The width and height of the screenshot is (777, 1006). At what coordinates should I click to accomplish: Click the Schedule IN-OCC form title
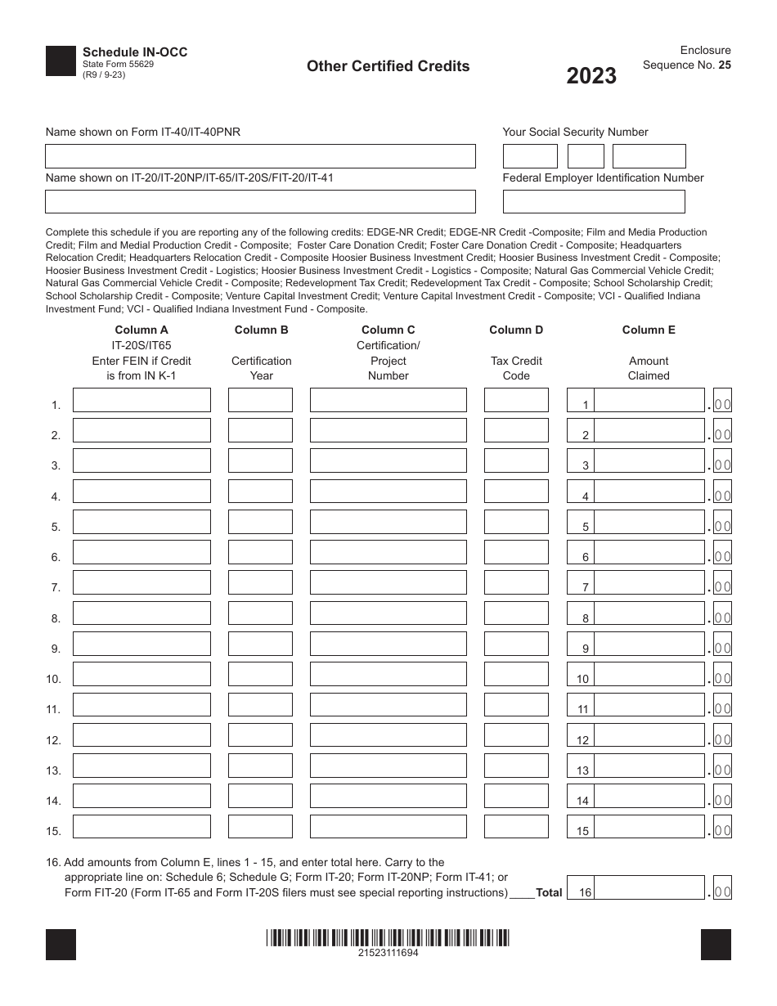pyautogui.click(x=135, y=52)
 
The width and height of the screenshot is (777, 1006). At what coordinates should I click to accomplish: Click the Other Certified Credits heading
pyautogui.click(x=388, y=66)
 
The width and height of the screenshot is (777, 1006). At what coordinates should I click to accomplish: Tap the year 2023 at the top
pyautogui.click(x=591, y=76)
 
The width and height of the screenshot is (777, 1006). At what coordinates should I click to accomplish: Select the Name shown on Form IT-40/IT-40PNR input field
pyautogui.click(x=260, y=156)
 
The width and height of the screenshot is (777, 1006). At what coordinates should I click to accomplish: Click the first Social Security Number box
pyautogui.click(x=529, y=156)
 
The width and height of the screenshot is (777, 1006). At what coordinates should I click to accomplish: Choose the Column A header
pyautogui.click(x=141, y=330)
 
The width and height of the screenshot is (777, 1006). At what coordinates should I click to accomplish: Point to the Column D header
pyautogui.click(x=516, y=330)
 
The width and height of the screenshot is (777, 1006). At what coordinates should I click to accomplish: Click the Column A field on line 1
pyautogui.click(x=141, y=400)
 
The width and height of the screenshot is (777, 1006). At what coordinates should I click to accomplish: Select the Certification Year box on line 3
pyautogui.click(x=260, y=461)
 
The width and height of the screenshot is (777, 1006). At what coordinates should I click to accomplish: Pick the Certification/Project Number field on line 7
pyautogui.click(x=388, y=582)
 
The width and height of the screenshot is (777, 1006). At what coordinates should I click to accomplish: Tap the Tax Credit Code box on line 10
pyautogui.click(x=516, y=674)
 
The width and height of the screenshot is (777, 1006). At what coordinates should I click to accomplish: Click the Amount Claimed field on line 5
pyautogui.click(x=649, y=522)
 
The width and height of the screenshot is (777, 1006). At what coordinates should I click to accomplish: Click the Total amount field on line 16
pyautogui.click(x=649, y=888)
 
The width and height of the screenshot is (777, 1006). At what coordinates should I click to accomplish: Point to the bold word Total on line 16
pyautogui.click(x=549, y=893)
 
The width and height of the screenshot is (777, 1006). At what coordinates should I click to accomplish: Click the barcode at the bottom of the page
pyautogui.click(x=388, y=938)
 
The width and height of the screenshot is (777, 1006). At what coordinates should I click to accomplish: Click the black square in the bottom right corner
pyautogui.click(x=716, y=945)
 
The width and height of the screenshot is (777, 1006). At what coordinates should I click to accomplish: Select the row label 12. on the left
pyautogui.click(x=54, y=741)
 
